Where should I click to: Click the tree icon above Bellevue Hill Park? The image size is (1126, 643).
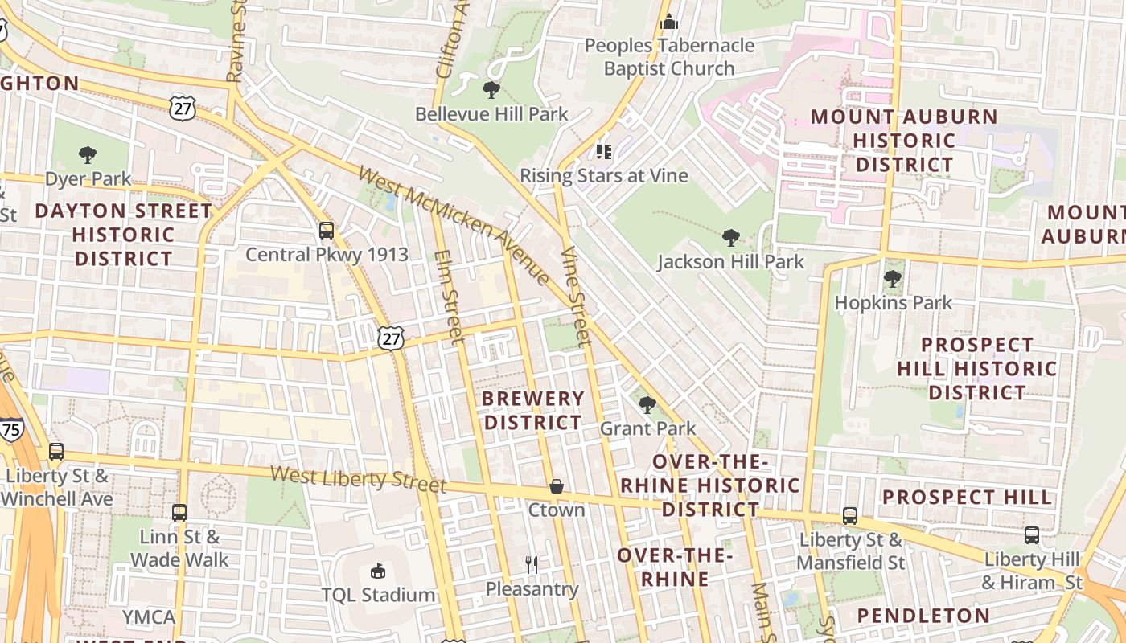coord(491,89)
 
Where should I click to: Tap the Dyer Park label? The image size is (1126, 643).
coord(88,178)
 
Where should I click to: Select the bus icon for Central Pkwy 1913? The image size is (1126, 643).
coord(327,231)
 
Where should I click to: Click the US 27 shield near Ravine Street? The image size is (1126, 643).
coord(183,108)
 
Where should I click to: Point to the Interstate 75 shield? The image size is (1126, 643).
coord(11,428)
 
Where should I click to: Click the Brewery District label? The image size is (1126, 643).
coord(532,411)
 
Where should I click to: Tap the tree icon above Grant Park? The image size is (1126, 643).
coord(647,404)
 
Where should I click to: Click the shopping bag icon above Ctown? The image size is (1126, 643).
coord(556,486)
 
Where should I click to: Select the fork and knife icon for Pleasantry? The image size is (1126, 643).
coord(532,565)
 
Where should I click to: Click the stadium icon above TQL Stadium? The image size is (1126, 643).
coord(377,571)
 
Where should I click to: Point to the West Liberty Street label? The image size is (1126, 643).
coord(358,479)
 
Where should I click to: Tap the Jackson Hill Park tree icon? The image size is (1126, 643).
coord(730,237)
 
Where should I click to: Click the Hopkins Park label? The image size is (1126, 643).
coord(893,303)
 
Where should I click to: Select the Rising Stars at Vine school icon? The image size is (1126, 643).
coord(604,151)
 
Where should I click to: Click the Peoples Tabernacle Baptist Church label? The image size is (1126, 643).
coord(669,57)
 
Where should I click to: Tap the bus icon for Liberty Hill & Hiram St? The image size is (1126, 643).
coord(1032,534)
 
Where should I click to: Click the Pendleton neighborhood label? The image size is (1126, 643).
coord(923,616)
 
